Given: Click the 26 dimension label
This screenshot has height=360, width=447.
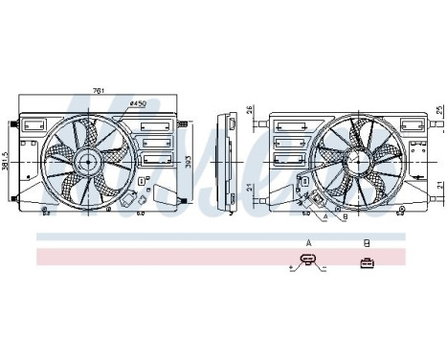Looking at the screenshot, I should click(x=249, y=109).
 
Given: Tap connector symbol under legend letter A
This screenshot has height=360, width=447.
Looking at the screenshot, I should click(x=307, y=261).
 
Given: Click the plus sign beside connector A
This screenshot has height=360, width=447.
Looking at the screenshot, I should click(x=291, y=266).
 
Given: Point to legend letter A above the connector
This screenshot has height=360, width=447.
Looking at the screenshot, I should click(x=308, y=242).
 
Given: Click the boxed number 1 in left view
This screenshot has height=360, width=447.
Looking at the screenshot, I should click(x=142, y=179).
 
